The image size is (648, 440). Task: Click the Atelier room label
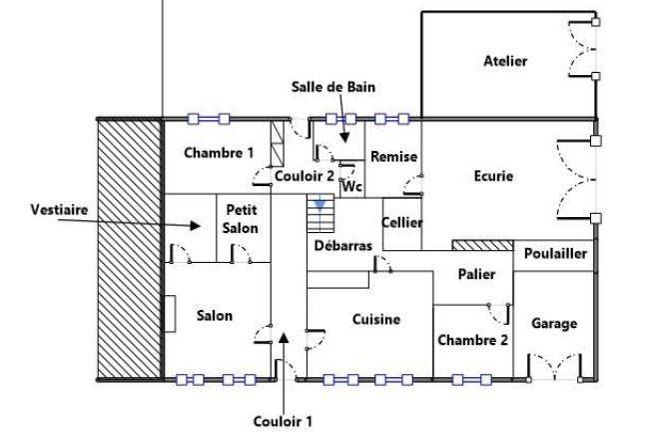(504, 61)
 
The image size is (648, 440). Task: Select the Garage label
(554, 323)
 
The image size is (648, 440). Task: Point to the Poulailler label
(554, 254)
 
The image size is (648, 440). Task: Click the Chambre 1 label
(220, 153)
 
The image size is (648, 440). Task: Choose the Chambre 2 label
(473, 340)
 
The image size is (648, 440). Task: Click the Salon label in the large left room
(215, 316)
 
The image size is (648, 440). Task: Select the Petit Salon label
(242, 219)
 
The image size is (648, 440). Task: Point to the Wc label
(350, 186)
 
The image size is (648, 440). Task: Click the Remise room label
(393, 157)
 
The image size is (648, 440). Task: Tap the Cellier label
(402, 222)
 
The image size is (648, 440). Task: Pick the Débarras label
(341, 245)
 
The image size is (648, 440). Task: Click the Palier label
(477, 274)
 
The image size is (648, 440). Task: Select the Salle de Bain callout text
(333, 87)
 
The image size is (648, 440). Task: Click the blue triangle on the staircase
(320, 206)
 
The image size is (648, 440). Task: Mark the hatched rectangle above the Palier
(482, 245)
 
